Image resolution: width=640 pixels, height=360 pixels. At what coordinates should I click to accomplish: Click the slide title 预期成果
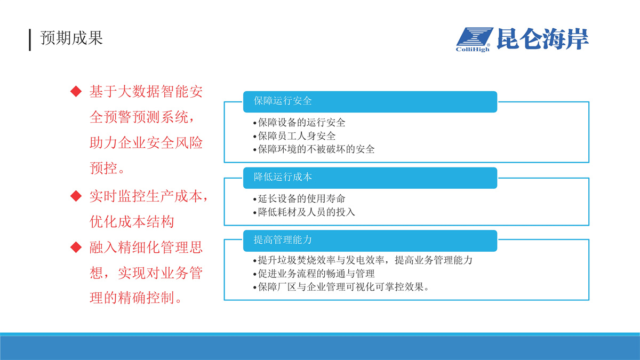click(x=71, y=38)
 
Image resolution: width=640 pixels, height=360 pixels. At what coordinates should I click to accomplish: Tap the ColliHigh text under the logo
click(x=473, y=50)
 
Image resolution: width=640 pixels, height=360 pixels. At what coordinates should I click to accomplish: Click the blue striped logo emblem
click(x=475, y=36)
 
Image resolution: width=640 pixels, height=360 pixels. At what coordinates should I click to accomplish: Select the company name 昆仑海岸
click(x=542, y=39)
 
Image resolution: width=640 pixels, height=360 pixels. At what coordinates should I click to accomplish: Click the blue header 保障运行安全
click(x=370, y=102)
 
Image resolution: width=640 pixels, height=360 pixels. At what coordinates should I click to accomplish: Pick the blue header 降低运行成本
click(x=370, y=178)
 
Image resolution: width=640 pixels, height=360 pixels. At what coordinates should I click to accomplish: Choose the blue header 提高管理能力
click(x=370, y=241)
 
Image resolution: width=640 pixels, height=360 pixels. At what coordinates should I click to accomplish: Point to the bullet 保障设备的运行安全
click(x=299, y=123)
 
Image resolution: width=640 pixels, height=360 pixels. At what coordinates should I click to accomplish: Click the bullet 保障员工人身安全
click(x=294, y=136)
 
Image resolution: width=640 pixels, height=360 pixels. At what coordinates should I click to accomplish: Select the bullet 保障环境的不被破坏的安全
click(x=314, y=149)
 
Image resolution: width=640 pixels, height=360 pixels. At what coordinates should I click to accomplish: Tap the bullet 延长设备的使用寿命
click(x=299, y=198)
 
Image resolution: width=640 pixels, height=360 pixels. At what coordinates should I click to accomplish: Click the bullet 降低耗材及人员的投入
click(x=304, y=212)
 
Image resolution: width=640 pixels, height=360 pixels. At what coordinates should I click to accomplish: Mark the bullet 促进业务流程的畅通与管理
click(x=314, y=274)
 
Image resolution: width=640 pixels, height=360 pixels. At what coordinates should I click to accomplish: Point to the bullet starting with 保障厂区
click(x=341, y=287)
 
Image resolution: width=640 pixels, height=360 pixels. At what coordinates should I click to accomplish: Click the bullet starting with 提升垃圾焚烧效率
click(x=363, y=260)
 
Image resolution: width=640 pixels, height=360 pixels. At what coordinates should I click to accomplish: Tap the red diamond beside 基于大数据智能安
click(x=76, y=91)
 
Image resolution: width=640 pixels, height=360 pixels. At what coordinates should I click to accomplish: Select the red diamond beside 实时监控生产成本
click(x=76, y=196)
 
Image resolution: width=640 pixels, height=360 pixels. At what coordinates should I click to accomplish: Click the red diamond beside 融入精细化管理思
click(x=76, y=247)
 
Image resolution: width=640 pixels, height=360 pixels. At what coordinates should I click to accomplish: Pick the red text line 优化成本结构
click(x=132, y=222)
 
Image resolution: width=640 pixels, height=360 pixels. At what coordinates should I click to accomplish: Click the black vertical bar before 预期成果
click(x=30, y=40)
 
